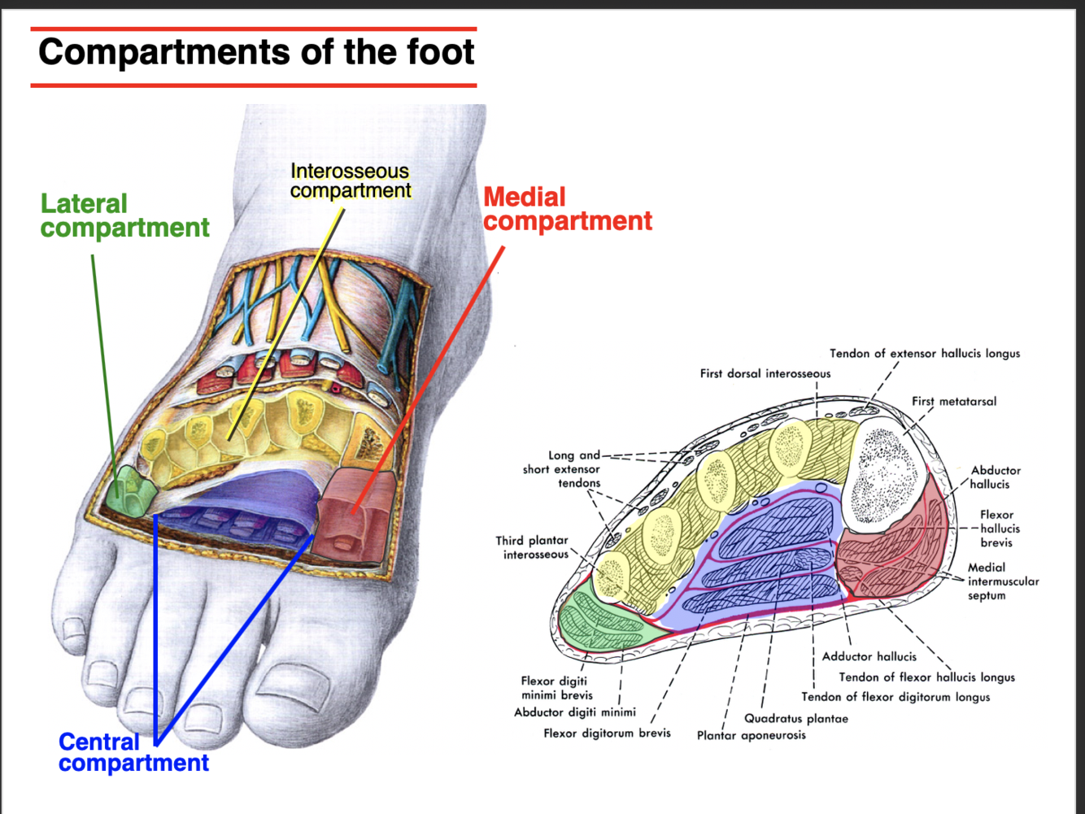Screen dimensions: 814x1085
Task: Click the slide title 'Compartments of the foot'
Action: tap(255, 53)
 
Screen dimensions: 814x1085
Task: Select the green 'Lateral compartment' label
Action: tap(124, 215)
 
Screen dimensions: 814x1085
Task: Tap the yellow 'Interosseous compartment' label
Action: tap(350, 181)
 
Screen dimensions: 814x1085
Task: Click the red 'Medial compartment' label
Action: tap(567, 209)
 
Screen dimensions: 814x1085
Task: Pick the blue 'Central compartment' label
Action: tap(133, 752)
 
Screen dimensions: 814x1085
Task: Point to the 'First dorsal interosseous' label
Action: tap(765, 373)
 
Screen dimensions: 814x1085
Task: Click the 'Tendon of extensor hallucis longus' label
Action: tap(924, 353)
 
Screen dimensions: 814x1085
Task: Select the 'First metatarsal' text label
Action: tap(953, 401)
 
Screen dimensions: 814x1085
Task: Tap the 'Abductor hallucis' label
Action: tap(994, 477)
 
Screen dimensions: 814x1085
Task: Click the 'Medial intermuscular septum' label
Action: tap(1002, 581)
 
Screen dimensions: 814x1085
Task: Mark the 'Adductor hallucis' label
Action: tap(869, 656)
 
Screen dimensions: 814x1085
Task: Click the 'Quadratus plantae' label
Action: tap(795, 718)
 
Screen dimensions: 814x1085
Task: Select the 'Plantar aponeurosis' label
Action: tap(751, 735)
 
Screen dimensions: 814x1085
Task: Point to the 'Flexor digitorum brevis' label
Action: tap(607, 733)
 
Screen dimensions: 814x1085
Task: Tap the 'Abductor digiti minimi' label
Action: tap(574, 712)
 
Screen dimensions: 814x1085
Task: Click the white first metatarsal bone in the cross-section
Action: tap(884, 472)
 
